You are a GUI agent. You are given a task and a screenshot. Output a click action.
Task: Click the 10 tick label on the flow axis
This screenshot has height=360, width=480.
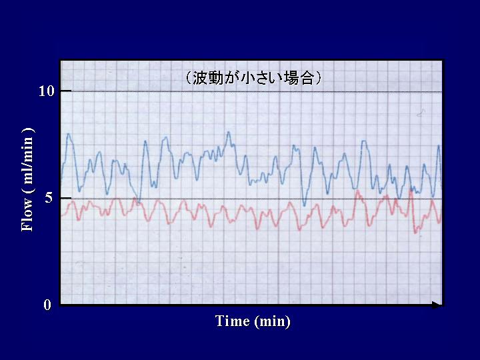point(46,91)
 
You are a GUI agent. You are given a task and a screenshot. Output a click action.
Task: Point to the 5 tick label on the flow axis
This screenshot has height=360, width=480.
point(49,199)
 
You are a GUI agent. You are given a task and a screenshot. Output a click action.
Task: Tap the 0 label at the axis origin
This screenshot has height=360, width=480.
point(47,305)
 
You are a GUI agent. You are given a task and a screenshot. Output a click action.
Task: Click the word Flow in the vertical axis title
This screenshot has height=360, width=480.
point(27,215)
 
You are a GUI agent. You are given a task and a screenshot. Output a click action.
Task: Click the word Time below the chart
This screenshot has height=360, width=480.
point(233,321)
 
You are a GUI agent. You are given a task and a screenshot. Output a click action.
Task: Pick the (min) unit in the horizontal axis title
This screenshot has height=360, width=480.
point(272,321)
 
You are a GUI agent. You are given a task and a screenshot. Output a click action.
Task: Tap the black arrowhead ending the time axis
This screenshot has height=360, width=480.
point(437,305)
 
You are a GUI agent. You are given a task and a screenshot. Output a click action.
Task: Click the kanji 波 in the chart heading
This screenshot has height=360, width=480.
point(200,78)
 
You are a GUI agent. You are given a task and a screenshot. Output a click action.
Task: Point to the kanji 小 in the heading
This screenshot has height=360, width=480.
point(247,78)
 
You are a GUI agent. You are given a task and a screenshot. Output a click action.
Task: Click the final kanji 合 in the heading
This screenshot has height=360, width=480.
point(307,78)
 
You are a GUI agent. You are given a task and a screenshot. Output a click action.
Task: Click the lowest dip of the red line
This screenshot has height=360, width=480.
point(415,233)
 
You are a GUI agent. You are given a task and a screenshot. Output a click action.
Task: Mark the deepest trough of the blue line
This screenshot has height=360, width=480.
point(304,205)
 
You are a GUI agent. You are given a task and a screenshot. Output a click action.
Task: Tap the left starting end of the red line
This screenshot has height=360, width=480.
point(61,216)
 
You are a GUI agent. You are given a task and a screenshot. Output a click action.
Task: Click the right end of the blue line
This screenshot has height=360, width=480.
point(441,185)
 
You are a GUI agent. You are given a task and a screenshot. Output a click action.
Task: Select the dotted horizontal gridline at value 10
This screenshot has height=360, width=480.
point(251,91)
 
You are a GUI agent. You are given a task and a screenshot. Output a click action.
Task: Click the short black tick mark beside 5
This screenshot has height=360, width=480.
point(66,199)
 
